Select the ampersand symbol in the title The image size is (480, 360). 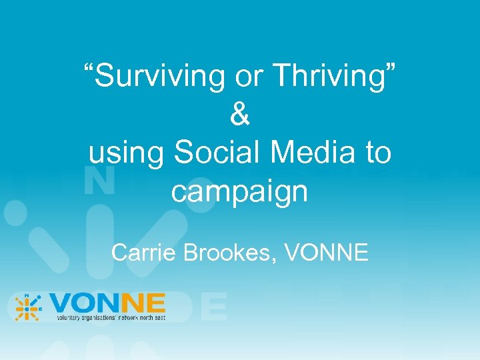(240, 115)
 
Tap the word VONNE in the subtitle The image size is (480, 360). (327, 253)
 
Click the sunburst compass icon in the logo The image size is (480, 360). (29, 307)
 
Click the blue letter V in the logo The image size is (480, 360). (61, 304)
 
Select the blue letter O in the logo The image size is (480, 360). (85, 304)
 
